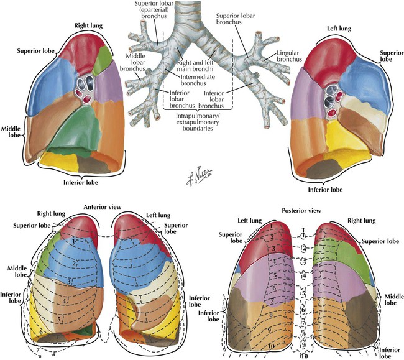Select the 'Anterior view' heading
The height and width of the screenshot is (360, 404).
(x=103, y=206)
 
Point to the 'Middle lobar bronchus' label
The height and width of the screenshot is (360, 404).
(x=135, y=63)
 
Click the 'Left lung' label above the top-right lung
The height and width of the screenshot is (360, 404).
(x=339, y=29)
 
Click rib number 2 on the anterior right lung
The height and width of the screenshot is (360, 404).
(x=74, y=264)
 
